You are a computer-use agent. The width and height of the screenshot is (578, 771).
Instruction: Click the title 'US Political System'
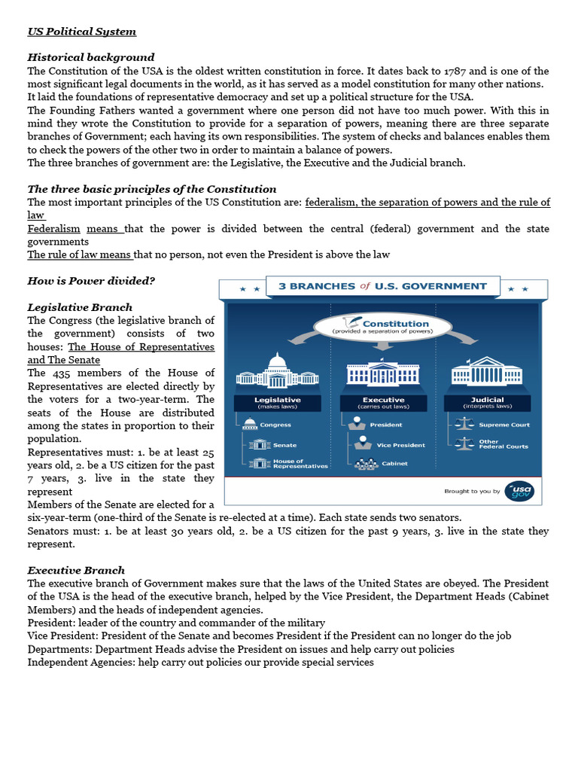82,32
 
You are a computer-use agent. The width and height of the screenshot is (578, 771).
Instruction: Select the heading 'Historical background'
91,57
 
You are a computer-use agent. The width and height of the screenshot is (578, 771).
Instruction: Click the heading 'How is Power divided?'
91,281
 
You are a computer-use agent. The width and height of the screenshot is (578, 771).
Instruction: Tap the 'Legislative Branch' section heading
80,307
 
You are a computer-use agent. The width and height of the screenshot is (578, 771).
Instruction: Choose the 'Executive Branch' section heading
76,570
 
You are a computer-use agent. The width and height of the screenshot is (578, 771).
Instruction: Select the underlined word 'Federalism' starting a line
53,228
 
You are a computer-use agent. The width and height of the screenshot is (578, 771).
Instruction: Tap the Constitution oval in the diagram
382,327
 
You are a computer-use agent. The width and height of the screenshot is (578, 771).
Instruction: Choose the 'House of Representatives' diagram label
300,464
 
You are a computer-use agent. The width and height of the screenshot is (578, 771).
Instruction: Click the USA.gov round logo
520,491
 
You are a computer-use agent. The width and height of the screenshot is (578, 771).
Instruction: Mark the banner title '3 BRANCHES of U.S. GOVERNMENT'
382,286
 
